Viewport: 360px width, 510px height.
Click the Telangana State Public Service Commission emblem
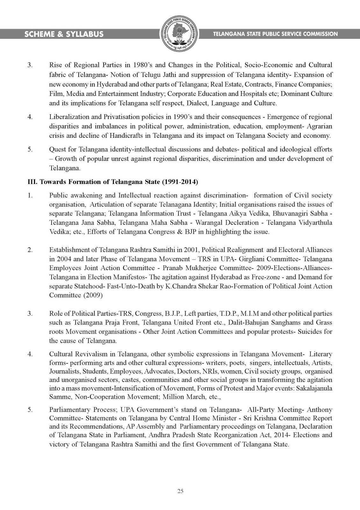click(x=180, y=34)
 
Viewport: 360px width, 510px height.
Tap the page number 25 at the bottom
click(x=180, y=491)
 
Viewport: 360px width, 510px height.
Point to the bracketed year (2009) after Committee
click(x=93, y=295)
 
